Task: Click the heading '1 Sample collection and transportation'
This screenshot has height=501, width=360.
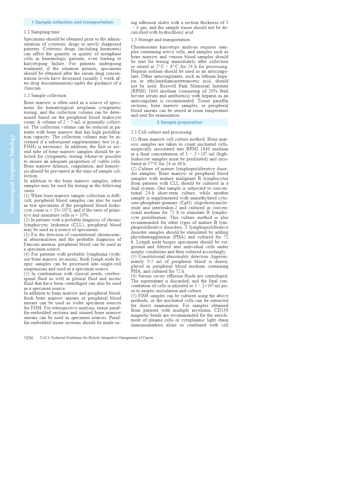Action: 72,22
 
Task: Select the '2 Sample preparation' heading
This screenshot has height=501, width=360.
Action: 179,122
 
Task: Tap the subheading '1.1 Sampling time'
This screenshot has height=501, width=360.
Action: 42,32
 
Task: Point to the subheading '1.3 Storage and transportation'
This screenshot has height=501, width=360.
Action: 160,40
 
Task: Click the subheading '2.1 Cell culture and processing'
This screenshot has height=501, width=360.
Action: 161,132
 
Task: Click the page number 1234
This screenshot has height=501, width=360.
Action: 28,338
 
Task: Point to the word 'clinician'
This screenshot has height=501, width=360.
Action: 33,88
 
